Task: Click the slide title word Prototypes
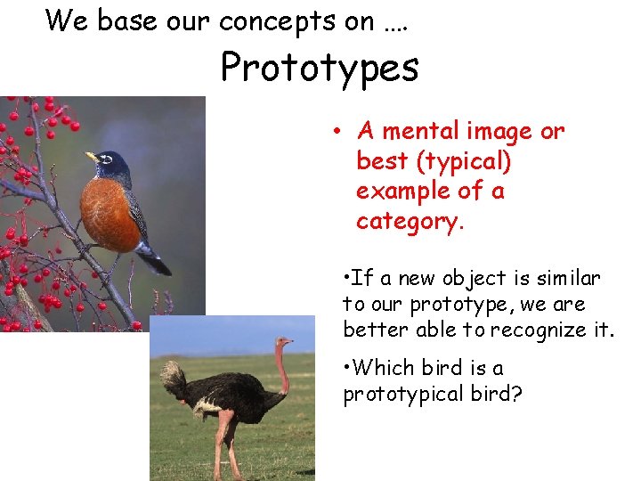pyautogui.click(x=320, y=68)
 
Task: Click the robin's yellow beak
pyautogui.click(x=92, y=157)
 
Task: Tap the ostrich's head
pyautogui.click(x=284, y=342)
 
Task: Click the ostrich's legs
pyautogui.click(x=222, y=450)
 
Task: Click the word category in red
pyautogui.click(x=410, y=222)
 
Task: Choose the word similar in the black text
pyautogui.click(x=572, y=279)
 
